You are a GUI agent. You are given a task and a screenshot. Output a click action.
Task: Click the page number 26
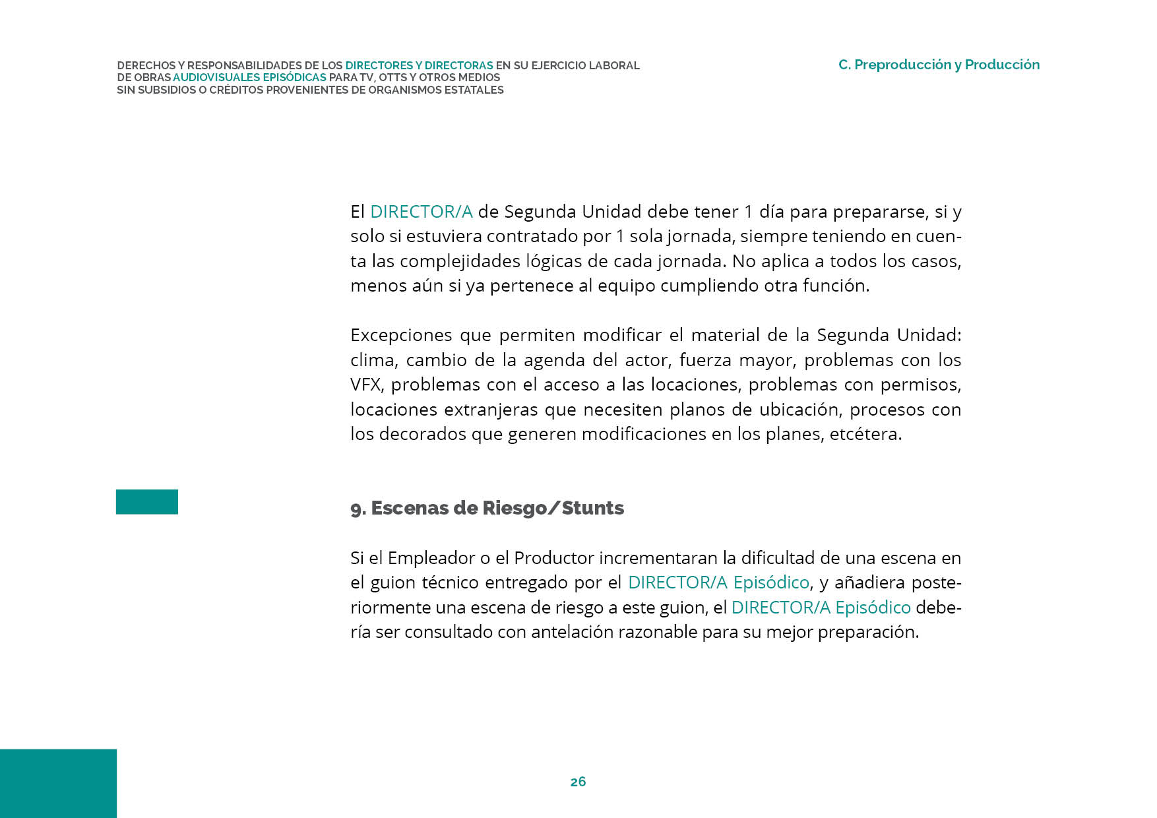pos(578,782)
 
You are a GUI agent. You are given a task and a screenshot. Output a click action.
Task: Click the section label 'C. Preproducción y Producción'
pos(939,65)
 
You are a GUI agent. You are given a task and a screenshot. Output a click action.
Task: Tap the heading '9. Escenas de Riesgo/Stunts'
pos(487,508)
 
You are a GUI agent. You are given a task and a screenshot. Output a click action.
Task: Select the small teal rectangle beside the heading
pos(147,501)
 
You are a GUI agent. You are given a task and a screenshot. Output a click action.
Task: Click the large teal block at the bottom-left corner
pos(58,783)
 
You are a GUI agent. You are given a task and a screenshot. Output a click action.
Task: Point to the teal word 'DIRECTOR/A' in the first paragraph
pos(421,212)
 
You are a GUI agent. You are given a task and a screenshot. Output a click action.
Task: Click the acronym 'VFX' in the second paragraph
pos(365,385)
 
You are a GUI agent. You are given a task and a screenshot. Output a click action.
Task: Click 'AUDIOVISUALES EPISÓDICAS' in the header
pos(249,78)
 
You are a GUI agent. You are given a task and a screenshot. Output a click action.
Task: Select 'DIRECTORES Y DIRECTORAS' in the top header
pos(419,66)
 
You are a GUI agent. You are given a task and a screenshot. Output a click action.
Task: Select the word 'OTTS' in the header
pos(393,78)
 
